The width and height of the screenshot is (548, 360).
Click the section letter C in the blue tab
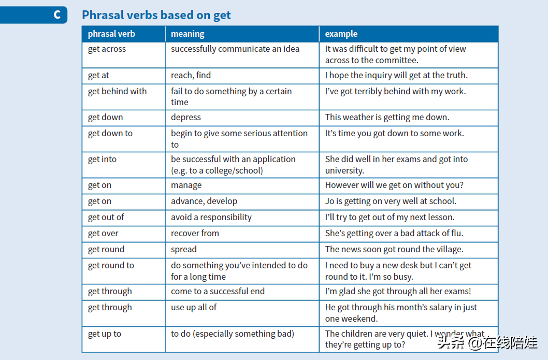[57, 15]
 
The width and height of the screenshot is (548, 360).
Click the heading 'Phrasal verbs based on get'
[156, 15]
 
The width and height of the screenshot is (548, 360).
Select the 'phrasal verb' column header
[111, 34]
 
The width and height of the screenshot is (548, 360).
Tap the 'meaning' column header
[188, 34]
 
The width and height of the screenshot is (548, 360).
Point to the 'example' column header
[341, 34]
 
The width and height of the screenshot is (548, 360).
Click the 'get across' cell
[107, 49]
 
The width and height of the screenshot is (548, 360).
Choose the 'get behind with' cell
[117, 92]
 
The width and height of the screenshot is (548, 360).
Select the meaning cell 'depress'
[185, 118]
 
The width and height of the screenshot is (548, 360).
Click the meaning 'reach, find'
[191, 76]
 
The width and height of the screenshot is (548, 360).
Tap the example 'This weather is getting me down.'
[387, 118]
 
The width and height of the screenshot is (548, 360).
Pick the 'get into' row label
[102, 160]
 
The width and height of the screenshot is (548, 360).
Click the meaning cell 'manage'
[186, 185]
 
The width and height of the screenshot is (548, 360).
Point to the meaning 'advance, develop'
[204, 201]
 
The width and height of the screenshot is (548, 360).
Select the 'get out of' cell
[106, 218]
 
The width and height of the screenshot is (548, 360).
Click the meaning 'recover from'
[195, 234]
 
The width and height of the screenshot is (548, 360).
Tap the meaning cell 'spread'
[183, 250]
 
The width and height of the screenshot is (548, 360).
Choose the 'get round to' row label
[111, 266]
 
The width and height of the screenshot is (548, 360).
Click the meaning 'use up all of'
[194, 308]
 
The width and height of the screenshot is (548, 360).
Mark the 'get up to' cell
[104, 334]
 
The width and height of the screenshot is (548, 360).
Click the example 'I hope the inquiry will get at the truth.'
[396, 76]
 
